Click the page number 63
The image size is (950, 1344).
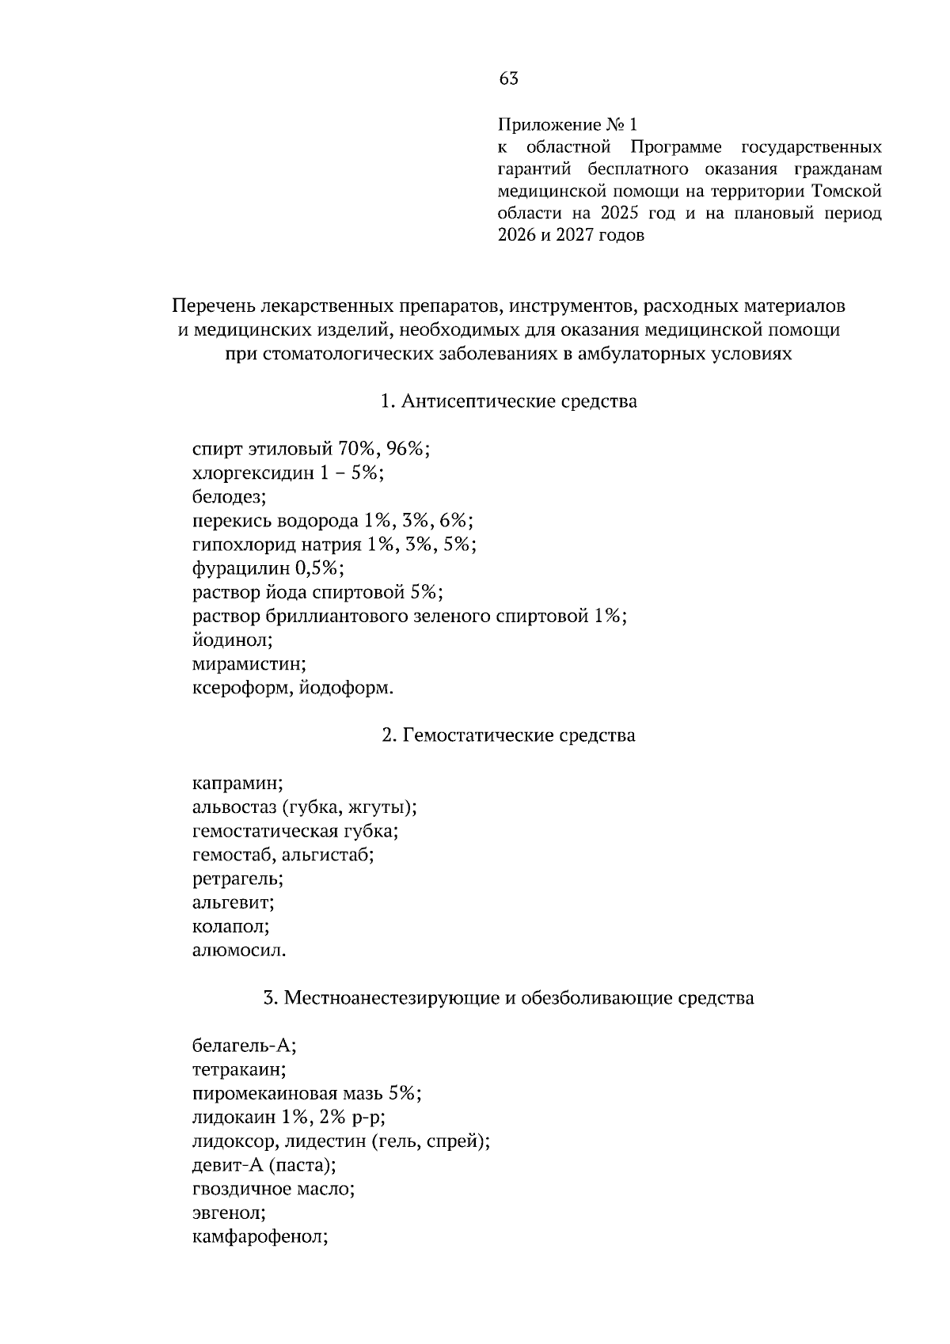pyautogui.click(x=509, y=78)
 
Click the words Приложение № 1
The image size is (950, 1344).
pyautogui.click(x=567, y=125)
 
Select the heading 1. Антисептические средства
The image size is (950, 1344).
pyautogui.click(x=509, y=401)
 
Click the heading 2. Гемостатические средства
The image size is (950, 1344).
pyautogui.click(x=509, y=735)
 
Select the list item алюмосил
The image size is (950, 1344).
pyautogui.click(x=239, y=950)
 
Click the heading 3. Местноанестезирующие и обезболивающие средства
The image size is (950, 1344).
pyautogui.click(x=509, y=998)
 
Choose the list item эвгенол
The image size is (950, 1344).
pyautogui.click(x=229, y=1213)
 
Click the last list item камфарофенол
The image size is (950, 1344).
pyautogui.click(x=260, y=1236)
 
